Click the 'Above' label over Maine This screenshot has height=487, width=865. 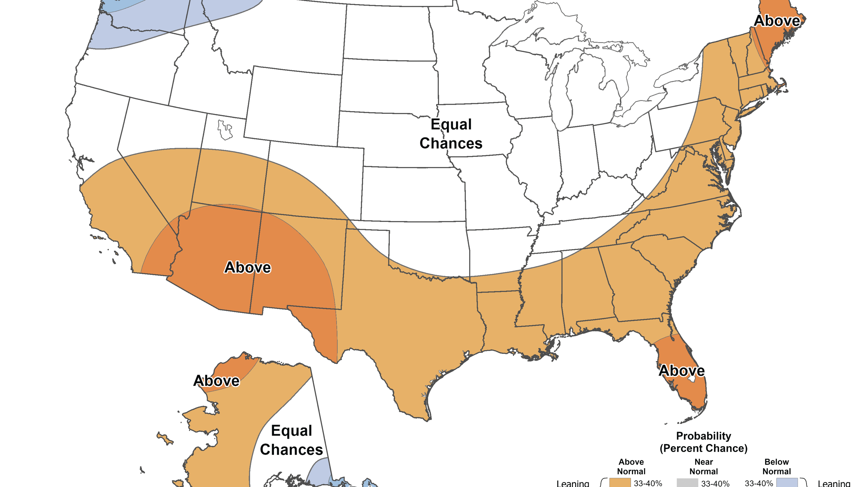point(777,21)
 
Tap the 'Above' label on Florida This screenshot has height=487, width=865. point(681,371)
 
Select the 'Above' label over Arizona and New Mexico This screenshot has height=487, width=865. point(248,268)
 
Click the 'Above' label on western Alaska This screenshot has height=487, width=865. point(216,381)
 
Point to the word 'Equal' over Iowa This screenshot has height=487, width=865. point(451,124)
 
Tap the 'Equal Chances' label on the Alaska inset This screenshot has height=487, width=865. point(291,440)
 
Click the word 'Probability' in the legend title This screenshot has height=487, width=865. point(703,436)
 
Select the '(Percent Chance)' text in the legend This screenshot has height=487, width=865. point(703,448)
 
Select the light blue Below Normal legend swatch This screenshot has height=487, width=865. point(787,483)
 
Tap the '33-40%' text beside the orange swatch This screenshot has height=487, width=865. point(648,483)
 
